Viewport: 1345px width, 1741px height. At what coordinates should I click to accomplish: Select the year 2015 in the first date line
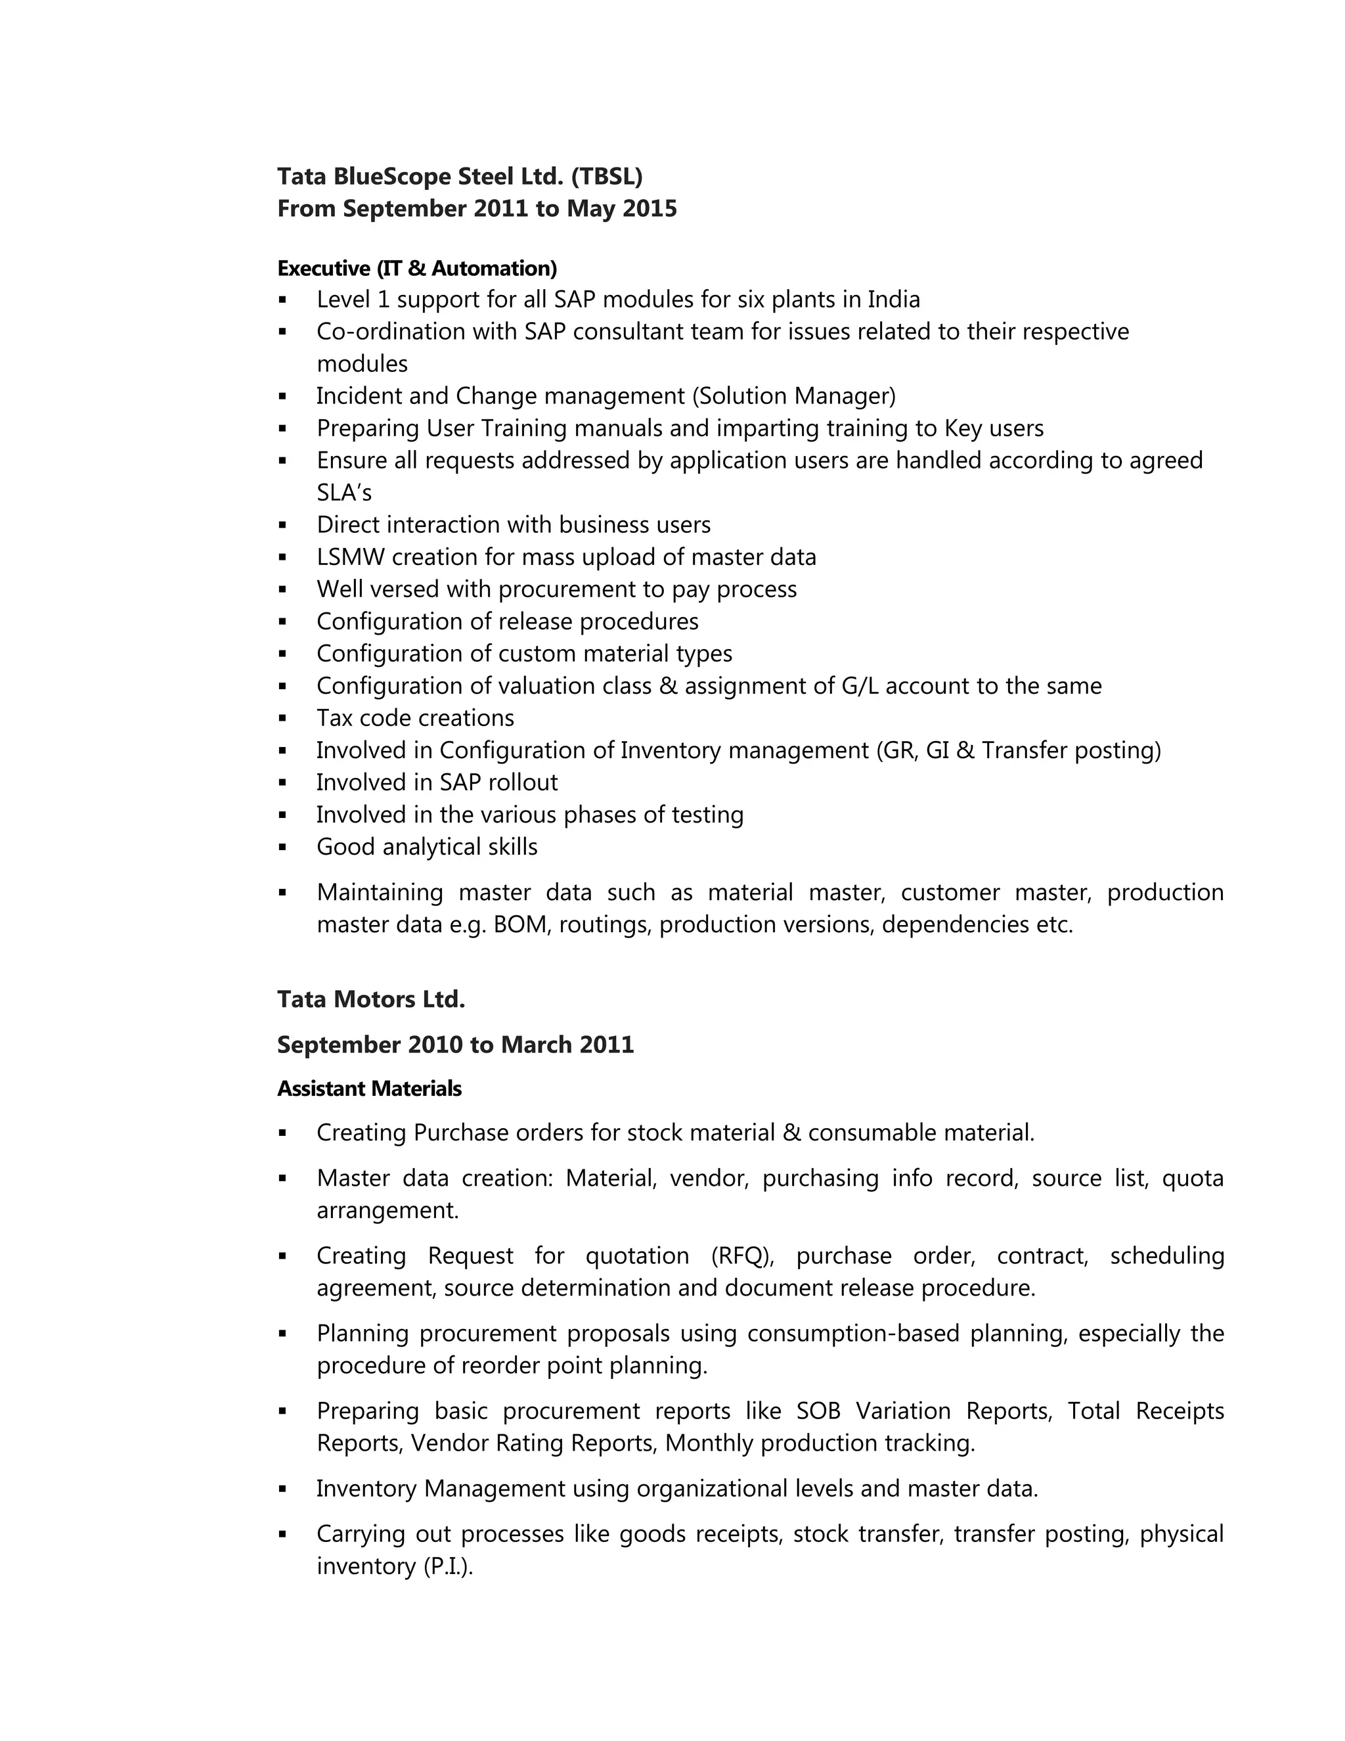point(650,209)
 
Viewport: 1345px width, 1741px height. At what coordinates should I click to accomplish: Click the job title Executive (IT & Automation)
point(417,269)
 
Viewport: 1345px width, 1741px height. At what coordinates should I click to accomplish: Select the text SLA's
point(344,493)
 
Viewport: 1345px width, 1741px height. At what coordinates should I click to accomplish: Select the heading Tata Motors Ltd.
point(370,1000)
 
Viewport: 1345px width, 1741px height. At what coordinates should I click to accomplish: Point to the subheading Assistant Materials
point(369,1089)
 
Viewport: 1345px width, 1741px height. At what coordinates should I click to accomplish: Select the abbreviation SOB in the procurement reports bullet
point(818,1412)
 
